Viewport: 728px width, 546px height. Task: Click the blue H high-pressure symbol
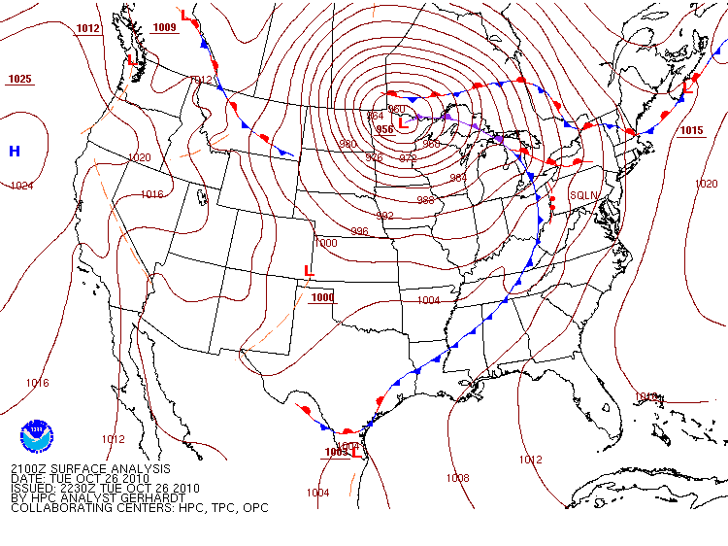click(15, 151)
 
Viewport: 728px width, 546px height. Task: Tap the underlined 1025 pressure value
click(19, 79)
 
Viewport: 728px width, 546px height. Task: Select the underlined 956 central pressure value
click(384, 128)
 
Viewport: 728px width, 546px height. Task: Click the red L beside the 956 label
click(403, 123)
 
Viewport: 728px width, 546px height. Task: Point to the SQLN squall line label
click(583, 195)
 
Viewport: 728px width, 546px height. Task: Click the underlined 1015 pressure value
click(691, 130)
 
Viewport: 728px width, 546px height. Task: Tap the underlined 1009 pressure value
click(165, 27)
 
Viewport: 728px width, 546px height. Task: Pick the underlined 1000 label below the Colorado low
click(322, 297)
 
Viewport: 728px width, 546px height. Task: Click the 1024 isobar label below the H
click(21, 185)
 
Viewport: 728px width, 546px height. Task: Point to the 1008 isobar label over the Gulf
click(457, 478)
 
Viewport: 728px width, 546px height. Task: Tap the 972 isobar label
click(408, 157)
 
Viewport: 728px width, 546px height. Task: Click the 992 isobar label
click(385, 216)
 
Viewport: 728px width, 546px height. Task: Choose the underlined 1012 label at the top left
click(87, 28)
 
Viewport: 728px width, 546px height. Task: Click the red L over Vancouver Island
click(131, 60)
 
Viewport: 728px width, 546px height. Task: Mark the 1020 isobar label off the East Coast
click(706, 184)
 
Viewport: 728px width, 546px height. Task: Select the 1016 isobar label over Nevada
click(151, 194)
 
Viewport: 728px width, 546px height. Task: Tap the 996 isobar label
click(359, 231)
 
